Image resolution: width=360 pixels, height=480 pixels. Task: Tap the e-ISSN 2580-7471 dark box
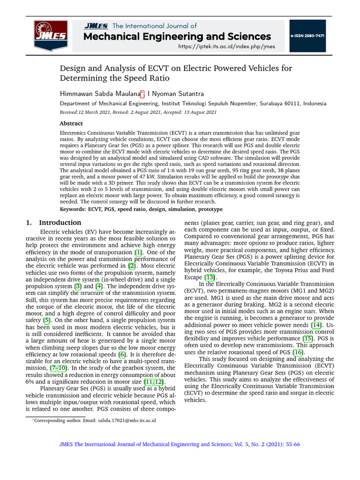(x=307, y=36)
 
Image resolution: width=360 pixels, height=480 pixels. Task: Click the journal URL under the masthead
(x=227, y=46)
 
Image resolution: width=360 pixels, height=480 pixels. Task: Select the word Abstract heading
(x=71, y=123)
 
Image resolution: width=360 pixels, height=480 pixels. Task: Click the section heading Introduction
(x=60, y=223)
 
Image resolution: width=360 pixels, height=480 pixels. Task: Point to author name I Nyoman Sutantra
(x=176, y=94)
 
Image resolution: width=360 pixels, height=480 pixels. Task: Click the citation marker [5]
(x=46, y=320)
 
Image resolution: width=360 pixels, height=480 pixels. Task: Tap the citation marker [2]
(x=132, y=265)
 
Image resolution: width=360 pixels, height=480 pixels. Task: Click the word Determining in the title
(x=87, y=78)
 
